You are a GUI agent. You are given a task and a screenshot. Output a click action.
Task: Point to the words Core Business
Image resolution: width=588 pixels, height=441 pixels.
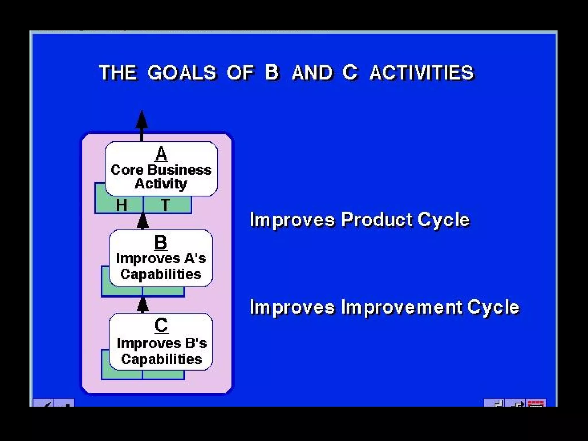161,170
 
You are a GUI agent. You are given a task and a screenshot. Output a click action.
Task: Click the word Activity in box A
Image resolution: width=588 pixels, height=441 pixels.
161,184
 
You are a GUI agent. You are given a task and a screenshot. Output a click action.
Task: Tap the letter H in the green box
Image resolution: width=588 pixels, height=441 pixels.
121,205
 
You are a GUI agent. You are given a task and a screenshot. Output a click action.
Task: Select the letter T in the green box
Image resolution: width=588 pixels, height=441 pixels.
165,205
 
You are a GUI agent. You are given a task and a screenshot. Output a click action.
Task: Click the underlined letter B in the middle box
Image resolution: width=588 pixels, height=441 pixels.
160,242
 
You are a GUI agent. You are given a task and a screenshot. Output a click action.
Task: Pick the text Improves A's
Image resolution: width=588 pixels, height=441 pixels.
161,258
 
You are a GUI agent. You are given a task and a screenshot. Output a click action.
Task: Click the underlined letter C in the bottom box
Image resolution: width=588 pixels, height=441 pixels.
161,325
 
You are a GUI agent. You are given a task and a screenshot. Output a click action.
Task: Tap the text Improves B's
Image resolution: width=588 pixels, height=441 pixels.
162,343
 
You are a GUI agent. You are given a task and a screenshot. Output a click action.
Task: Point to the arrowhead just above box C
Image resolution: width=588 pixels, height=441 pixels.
143,305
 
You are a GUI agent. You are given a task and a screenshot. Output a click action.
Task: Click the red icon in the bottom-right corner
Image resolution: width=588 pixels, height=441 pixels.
536,403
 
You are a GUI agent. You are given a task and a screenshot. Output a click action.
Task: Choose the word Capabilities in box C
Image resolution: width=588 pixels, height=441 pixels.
162,359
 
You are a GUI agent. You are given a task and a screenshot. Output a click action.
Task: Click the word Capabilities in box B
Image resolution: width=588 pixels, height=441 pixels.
161,274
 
